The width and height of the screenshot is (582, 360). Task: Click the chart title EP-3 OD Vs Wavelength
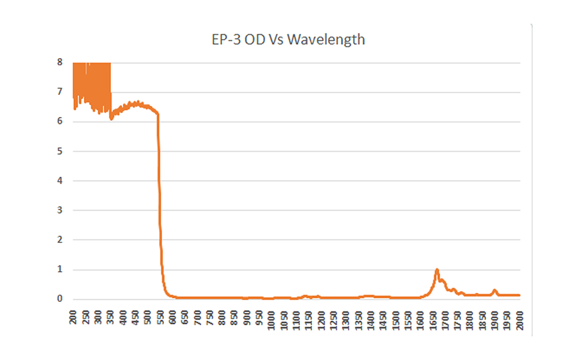[284, 41]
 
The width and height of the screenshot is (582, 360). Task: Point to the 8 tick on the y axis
[59, 62]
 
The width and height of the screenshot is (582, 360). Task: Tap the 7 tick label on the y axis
[59, 92]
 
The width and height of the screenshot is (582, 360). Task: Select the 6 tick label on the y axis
[59, 122]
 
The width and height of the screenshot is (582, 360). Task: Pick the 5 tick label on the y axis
[59, 151]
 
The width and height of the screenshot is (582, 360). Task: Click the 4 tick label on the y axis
[59, 181]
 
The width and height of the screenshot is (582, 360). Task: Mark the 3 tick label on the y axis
[59, 211]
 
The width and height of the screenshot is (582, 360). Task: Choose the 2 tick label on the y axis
[59, 240]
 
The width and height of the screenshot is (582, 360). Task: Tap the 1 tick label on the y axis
[59, 269]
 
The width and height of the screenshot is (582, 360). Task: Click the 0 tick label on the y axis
[59, 299]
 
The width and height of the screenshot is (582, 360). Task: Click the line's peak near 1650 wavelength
[437, 270]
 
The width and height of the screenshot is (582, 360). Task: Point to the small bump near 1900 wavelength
[495, 291]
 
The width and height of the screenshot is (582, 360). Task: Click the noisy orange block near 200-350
[92, 84]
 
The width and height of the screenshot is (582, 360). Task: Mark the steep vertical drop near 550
[160, 198]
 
